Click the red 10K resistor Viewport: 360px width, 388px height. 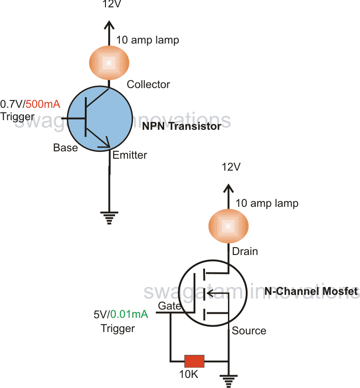click(194, 360)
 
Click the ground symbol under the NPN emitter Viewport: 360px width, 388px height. click(109, 217)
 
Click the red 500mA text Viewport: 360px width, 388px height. click(43, 104)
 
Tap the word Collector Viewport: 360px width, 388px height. click(148, 84)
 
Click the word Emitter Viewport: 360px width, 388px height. click(130, 155)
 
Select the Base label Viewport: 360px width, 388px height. click(66, 148)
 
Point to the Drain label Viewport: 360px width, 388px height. click(245, 251)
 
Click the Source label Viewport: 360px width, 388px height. click(249, 331)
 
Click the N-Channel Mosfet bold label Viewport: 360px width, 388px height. click(311, 291)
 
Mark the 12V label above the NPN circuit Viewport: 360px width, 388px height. click(109, 5)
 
